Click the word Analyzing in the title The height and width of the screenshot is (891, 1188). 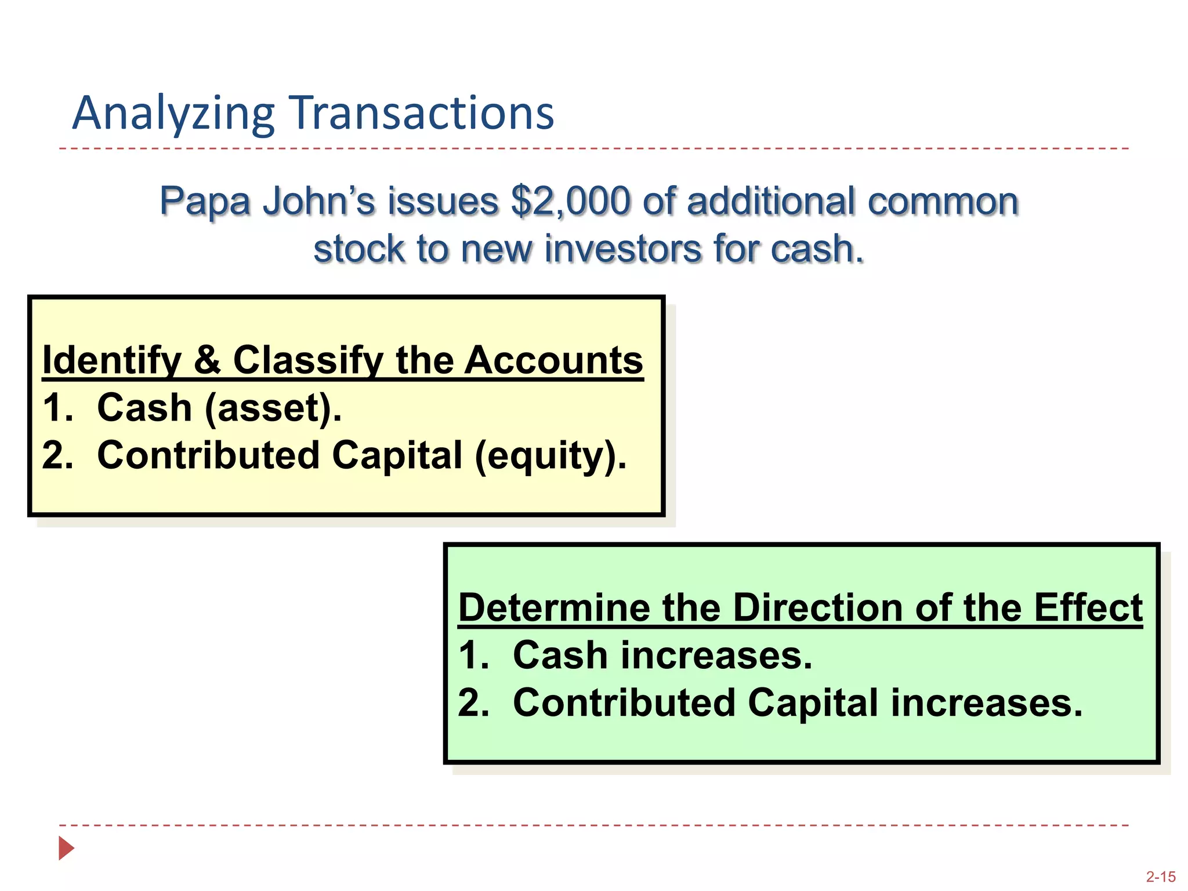173,113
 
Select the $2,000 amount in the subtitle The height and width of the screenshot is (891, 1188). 570,201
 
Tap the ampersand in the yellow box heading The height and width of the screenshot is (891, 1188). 207,360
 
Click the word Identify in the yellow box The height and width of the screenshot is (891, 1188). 112,360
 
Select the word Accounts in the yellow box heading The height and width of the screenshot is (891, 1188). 554,360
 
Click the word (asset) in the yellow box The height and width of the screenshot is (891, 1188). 273,408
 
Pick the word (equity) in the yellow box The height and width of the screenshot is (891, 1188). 550,455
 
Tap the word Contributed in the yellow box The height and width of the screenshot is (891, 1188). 208,455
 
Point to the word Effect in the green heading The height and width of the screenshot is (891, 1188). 1088,608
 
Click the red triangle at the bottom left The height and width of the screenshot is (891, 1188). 66,848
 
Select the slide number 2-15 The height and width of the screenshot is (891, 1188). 1160,876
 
